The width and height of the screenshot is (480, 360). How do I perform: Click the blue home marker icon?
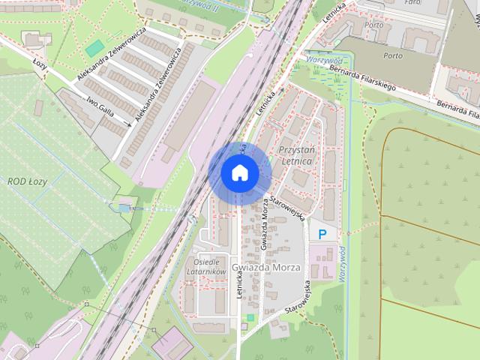[x=239, y=172]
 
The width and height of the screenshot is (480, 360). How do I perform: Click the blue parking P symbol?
[x=322, y=235]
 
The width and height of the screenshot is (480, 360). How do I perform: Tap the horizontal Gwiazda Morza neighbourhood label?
[x=265, y=268]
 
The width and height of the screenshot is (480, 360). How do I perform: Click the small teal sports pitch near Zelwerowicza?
[x=94, y=49]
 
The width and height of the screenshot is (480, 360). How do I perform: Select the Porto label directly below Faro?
[x=373, y=24]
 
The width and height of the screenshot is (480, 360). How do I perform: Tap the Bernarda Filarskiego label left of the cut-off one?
[x=361, y=79]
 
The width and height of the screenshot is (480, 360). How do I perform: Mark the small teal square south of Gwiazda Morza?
[x=250, y=318]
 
